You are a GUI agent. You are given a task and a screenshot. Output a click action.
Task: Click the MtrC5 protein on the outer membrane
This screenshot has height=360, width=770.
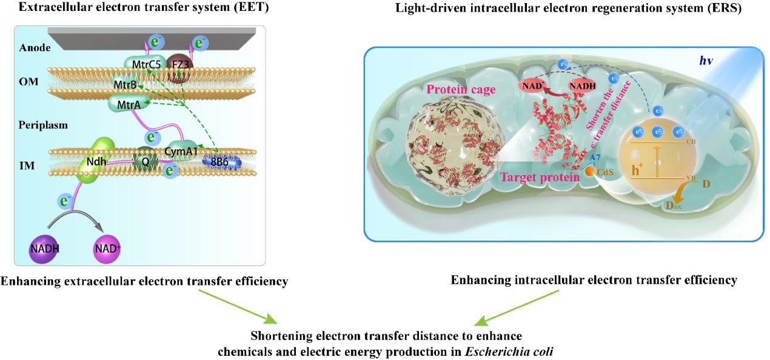coord(142,62)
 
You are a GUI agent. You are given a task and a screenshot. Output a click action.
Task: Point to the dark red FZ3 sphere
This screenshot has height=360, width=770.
coord(179,63)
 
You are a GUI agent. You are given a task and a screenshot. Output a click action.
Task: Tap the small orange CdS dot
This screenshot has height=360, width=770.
coord(590,172)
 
